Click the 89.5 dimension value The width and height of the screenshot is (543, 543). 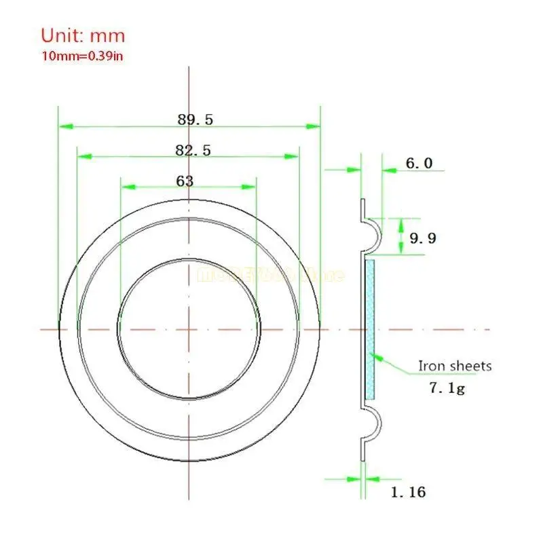click(195, 119)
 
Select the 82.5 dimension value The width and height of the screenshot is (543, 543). click(193, 151)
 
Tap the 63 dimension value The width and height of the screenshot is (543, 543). click(185, 181)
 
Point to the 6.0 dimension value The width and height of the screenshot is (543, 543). click(419, 164)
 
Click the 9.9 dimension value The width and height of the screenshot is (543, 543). click(424, 238)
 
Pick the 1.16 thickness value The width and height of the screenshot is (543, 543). click(409, 492)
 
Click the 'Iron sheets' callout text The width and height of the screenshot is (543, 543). click(454, 366)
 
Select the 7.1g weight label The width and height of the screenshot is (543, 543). click(447, 388)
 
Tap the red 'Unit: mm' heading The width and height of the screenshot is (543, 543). click(83, 35)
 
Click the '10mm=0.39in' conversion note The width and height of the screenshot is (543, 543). click(82, 56)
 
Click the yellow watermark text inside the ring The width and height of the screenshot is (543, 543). click(270, 275)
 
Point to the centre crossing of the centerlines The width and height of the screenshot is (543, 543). click(189, 329)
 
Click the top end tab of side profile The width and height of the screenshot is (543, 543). click(362, 207)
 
